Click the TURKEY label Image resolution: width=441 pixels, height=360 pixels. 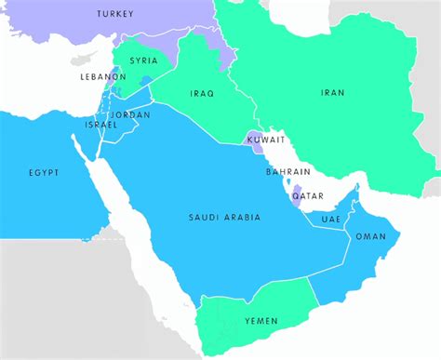pos(115,15)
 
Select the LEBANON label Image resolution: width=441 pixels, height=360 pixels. pos(102,77)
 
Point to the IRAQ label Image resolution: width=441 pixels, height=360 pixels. pos(202,94)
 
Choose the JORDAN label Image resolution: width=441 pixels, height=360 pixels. pos(130,114)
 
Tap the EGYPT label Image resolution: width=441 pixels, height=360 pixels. pos(43,173)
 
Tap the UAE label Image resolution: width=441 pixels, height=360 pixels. pos(331,219)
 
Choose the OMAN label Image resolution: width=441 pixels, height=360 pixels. pos(370,237)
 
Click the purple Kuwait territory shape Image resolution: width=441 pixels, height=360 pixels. pos(254,143)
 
